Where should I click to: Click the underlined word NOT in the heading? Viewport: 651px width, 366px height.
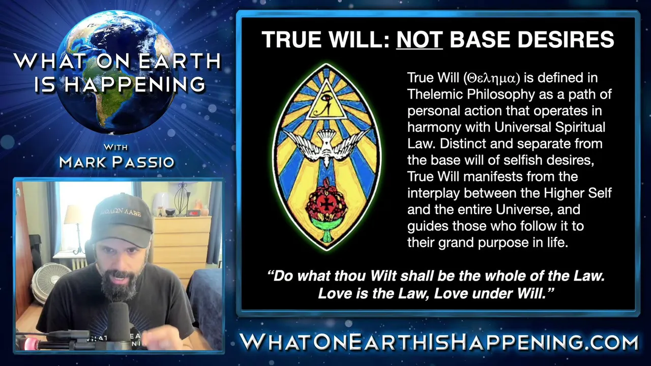point(420,40)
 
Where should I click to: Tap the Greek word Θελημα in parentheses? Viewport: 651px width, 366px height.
point(491,78)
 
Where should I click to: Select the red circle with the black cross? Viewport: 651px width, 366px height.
point(327,204)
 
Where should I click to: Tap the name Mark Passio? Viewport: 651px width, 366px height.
point(116,162)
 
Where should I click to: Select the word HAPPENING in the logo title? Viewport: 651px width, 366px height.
point(135,85)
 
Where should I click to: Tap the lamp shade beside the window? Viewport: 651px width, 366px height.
point(73,215)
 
